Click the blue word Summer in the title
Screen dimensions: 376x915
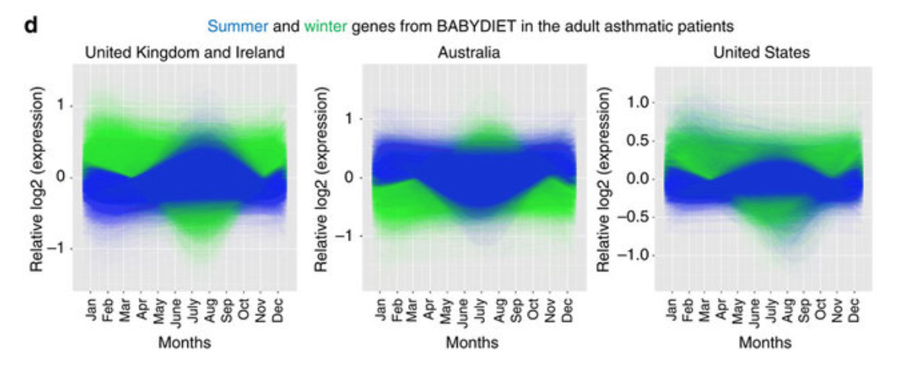(238, 27)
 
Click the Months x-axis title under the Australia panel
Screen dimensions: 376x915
(472, 343)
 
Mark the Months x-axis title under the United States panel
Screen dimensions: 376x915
(764, 343)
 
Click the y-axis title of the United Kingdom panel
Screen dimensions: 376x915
(37, 179)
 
